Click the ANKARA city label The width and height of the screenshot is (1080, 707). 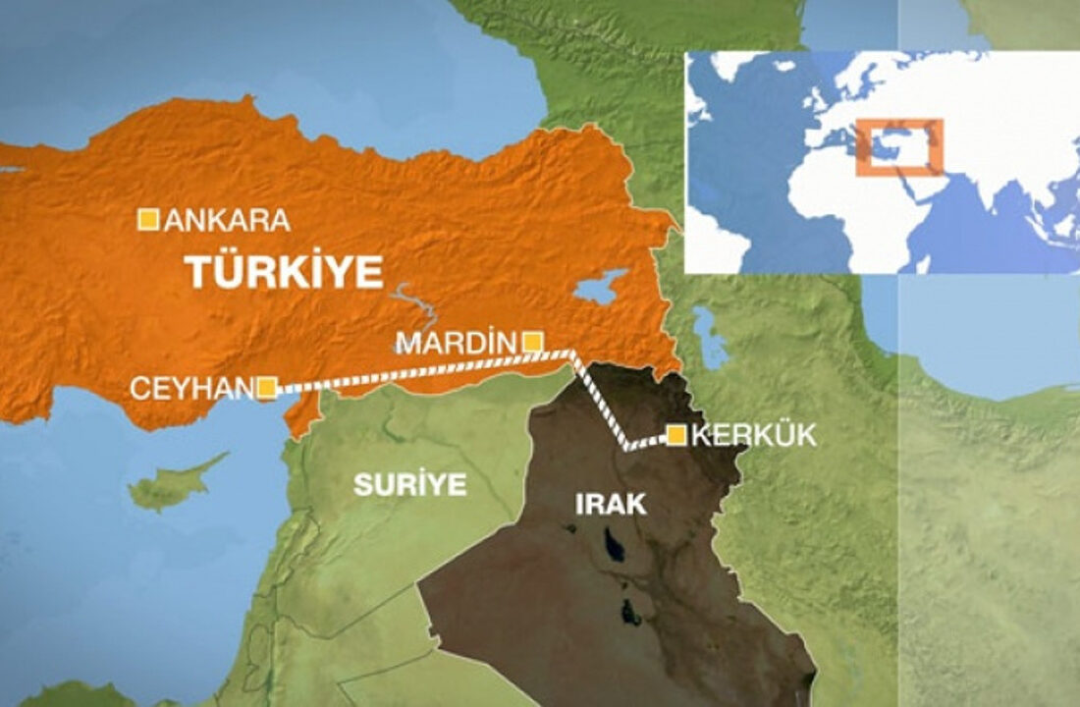pyautogui.click(x=227, y=220)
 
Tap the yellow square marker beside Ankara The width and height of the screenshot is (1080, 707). pyautogui.click(x=147, y=219)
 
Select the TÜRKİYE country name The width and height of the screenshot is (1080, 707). pyautogui.click(x=285, y=272)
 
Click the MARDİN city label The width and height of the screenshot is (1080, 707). pyautogui.click(x=456, y=343)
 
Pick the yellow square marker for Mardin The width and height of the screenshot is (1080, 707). pyautogui.click(x=531, y=342)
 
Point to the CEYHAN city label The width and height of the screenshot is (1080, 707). pyautogui.click(x=191, y=389)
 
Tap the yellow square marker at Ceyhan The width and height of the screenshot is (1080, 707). pyautogui.click(x=266, y=388)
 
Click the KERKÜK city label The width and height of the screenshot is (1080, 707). pyautogui.click(x=754, y=436)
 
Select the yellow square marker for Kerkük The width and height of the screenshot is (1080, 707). pyautogui.click(x=676, y=435)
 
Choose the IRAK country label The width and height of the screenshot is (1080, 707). pyautogui.click(x=610, y=505)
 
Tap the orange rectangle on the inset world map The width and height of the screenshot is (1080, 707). pyautogui.click(x=899, y=147)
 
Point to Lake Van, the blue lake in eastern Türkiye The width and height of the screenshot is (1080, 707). pyautogui.click(x=599, y=288)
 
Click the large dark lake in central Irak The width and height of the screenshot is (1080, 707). pyautogui.click(x=616, y=543)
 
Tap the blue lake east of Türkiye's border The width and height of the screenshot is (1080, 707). pyautogui.click(x=709, y=334)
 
